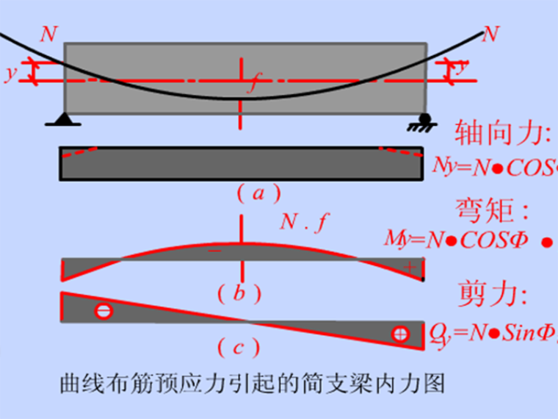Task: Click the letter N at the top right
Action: (x=490, y=33)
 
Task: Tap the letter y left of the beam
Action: (x=10, y=73)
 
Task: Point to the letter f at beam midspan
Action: (x=253, y=82)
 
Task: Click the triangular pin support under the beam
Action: (x=65, y=118)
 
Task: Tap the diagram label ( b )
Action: (x=239, y=294)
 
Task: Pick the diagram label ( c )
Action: (x=239, y=344)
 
